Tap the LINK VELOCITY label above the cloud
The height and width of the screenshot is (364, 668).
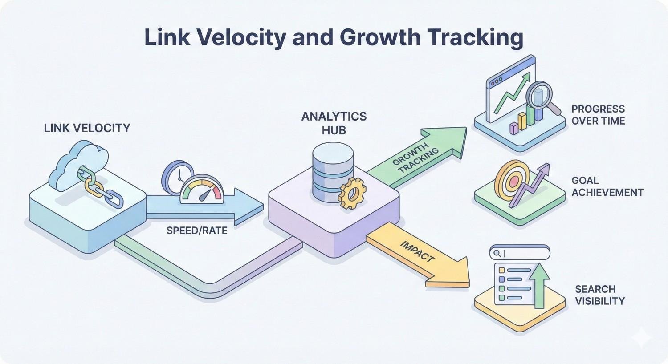click(87, 128)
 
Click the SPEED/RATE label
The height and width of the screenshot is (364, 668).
click(197, 231)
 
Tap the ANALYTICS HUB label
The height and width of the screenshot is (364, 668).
click(334, 123)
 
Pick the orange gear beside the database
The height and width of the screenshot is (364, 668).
click(352, 193)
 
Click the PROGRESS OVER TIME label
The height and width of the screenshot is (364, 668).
click(598, 115)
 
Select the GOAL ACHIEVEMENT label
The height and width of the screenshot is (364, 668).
click(607, 186)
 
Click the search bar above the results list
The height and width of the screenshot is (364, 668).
click(519, 253)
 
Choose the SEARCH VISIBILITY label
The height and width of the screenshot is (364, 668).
click(599, 295)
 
